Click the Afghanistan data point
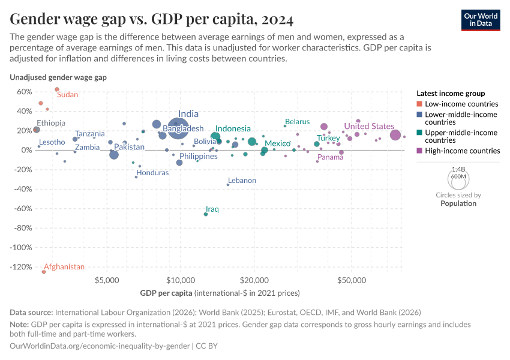(44, 272)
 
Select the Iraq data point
(206, 214)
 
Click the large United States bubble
(395, 135)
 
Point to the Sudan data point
(57, 89)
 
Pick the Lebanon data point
(228, 185)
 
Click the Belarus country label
(297, 122)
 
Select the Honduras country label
(152, 172)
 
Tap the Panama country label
(331, 157)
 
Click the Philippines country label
(198, 157)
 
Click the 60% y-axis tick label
(23, 92)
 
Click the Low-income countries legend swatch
(419, 104)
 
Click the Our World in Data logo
(481, 19)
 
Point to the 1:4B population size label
(458, 169)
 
